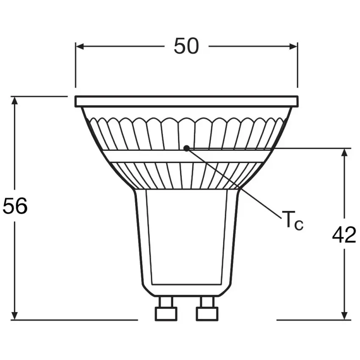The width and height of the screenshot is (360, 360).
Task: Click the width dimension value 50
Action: pos(186,46)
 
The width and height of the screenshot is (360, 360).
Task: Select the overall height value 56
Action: pos(15,206)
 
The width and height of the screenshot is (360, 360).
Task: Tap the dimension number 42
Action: pos(344,235)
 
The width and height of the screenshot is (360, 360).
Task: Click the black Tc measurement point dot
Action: pos(186,148)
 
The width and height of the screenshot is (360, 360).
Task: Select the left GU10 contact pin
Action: pos(165,309)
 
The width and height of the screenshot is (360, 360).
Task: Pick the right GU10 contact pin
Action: pos(206,309)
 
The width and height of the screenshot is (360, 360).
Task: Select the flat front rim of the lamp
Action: pos(186,101)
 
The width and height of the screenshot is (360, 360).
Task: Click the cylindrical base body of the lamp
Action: pos(186,237)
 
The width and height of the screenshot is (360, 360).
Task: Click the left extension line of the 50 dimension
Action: pos(76,68)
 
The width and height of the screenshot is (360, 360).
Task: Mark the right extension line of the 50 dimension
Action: pos(297,68)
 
